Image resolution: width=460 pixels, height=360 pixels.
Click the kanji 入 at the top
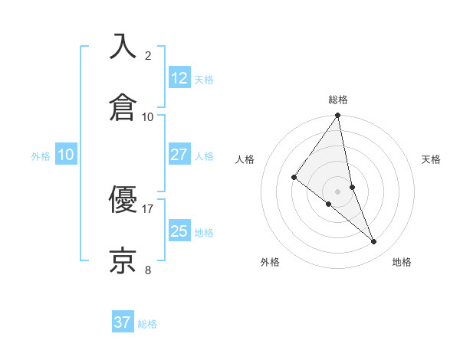point(123,46)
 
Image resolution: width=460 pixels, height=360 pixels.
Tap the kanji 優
point(123,199)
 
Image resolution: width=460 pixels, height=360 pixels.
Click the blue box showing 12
point(179,77)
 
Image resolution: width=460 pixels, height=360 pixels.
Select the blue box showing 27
point(179,155)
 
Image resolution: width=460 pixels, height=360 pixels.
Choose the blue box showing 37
point(123,322)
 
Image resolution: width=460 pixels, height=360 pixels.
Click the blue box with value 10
point(66,155)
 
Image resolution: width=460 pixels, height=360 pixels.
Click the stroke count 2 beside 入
point(148,55)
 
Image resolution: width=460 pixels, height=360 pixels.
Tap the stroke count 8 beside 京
point(148,270)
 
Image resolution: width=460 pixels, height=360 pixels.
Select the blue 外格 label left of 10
point(41,156)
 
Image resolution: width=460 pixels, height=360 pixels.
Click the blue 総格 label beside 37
point(147,324)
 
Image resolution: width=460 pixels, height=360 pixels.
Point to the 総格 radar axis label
point(338,100)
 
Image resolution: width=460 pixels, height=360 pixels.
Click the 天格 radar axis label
point(432,159)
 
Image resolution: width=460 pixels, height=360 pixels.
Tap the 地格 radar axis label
point(402,262)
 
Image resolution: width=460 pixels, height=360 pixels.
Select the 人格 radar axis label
point(245,159)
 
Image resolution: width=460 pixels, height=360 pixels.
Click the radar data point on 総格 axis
point(338,116)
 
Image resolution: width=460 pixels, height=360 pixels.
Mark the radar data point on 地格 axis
point(374,242)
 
